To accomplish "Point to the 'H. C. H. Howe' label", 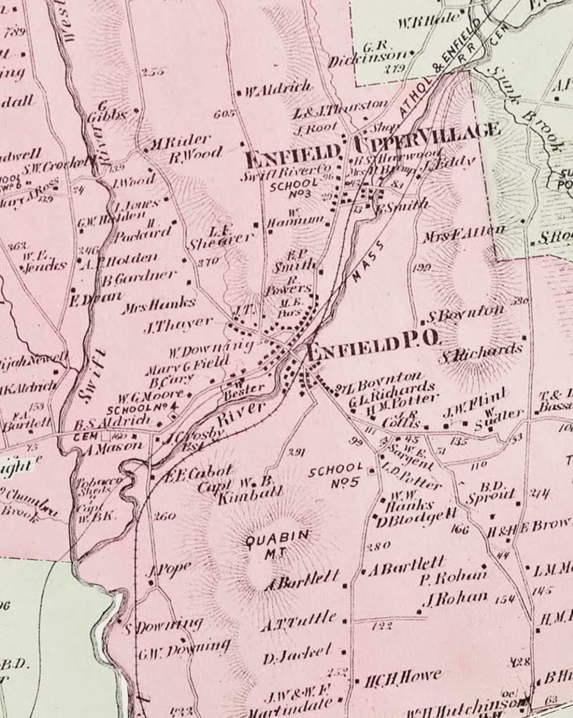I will click(x=403, y=678).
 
